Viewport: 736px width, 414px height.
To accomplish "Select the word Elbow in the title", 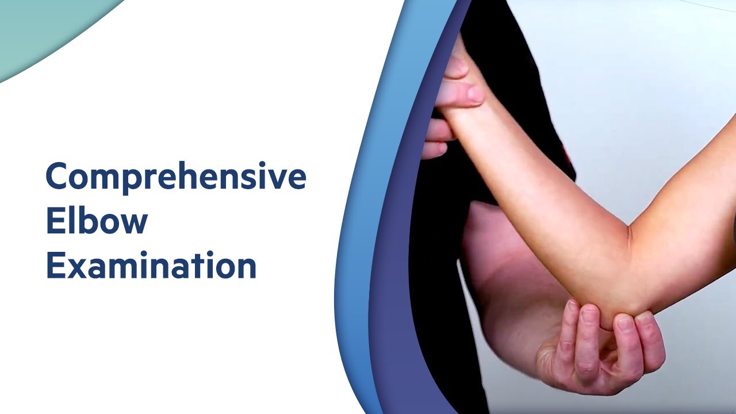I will click(x=97, y=221).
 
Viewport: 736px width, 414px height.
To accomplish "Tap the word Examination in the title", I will click(x=151, y=265).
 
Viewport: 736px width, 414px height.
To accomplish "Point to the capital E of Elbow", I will click(x=53, y=221).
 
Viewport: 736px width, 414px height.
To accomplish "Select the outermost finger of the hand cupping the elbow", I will click(x=653, y=339).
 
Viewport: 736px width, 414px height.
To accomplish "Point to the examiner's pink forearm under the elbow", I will click(x=506, y=287).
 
